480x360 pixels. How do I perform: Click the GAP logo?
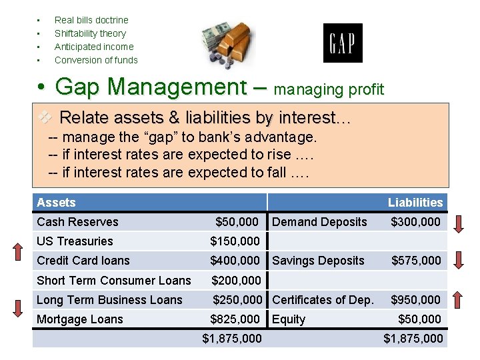click(x=343, y=43)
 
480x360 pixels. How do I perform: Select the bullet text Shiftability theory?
click(x=90, y=33)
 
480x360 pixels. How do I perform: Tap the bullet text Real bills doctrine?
click(x=91, y=20)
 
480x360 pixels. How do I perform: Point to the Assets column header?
click(x=56, y=203)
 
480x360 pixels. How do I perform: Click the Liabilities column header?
click(x=415, y=203)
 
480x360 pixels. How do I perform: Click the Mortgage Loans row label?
click(x=80, y=319)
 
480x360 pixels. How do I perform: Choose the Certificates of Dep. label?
click(x=323, y=300)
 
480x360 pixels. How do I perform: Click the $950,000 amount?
click(x=415, y=300)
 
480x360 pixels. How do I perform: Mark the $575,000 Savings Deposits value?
click(x=415, y=261)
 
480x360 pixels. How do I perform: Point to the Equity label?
click(x=289, y=319)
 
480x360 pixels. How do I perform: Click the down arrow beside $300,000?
click(x=459, y=223)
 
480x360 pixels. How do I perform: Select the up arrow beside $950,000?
click(x=459, y=301)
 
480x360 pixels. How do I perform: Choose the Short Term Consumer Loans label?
click(x=113, y=281)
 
